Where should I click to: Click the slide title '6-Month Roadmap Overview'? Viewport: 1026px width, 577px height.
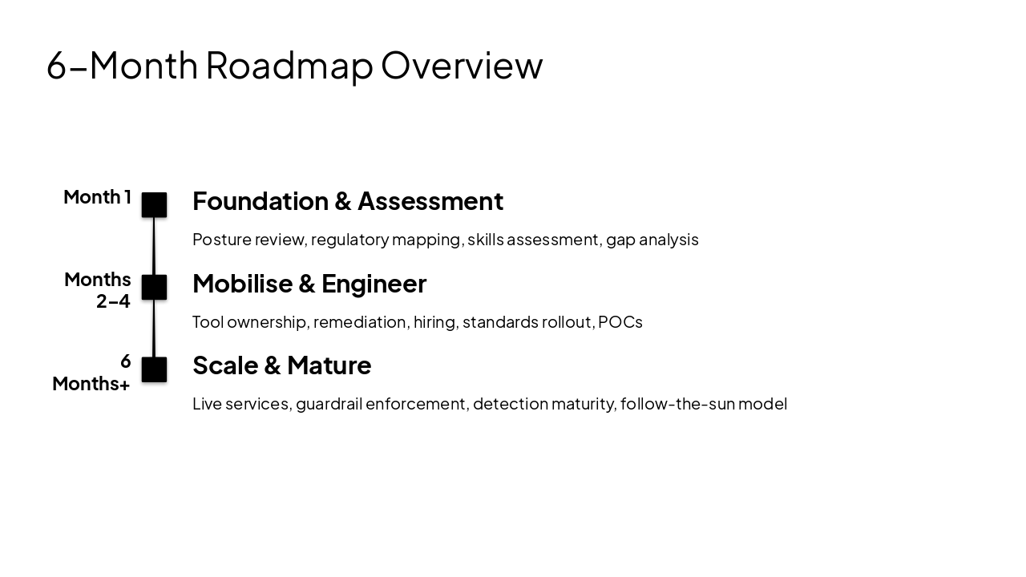point(294,65)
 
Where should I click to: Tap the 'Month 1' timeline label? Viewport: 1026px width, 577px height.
point(97,197)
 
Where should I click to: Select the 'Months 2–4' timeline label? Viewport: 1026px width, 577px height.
point(98,290)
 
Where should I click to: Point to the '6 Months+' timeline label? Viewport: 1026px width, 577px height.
point(91,373)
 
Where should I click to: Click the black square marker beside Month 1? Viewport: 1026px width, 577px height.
point(154,205)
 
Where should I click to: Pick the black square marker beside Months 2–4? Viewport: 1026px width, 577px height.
point(154,287)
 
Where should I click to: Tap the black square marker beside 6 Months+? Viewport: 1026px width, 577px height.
point(154,369)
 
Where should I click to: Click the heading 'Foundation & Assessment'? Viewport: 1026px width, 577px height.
point(348,201)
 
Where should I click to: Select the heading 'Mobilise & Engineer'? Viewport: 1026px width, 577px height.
point(309,284)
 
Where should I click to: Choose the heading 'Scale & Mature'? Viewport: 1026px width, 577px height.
point(281,365)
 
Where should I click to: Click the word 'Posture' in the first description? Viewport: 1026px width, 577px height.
point(221,240)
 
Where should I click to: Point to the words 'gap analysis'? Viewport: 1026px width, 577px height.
point(652,240)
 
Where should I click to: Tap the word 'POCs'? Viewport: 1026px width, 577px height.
point(620,322)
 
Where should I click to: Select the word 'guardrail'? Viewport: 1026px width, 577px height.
point(329,404)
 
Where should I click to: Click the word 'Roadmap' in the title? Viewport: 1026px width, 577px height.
point(289,65)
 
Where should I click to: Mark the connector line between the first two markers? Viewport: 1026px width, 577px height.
point(154,246)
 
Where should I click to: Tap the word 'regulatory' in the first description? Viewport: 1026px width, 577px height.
point(345,240)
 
